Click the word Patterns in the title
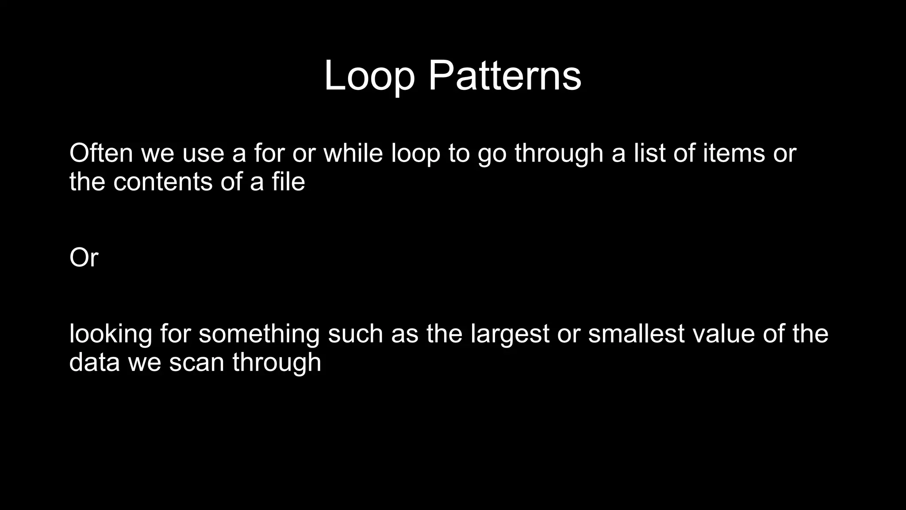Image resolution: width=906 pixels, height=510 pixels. [504, 76]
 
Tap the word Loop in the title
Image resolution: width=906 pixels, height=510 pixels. [369, 76]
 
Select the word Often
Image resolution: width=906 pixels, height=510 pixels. [101, 153]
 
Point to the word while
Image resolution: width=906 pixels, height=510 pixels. [353, 153]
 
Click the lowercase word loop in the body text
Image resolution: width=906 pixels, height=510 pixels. [416, 154]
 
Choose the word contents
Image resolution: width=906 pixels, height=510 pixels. [163, 182]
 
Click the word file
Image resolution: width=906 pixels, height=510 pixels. [288, 182]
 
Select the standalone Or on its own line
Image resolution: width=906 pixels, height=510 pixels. [84, 258]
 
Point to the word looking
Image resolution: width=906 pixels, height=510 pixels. [111, 334]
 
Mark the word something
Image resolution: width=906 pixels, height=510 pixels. [259, 334]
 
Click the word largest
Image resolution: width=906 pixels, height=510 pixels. [510, 334]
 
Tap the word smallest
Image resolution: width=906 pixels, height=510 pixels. [637, 334]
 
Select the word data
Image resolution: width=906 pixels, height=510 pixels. [94, 362]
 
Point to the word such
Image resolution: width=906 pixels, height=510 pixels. [355, 334]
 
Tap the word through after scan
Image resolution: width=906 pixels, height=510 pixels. [276, 362]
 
